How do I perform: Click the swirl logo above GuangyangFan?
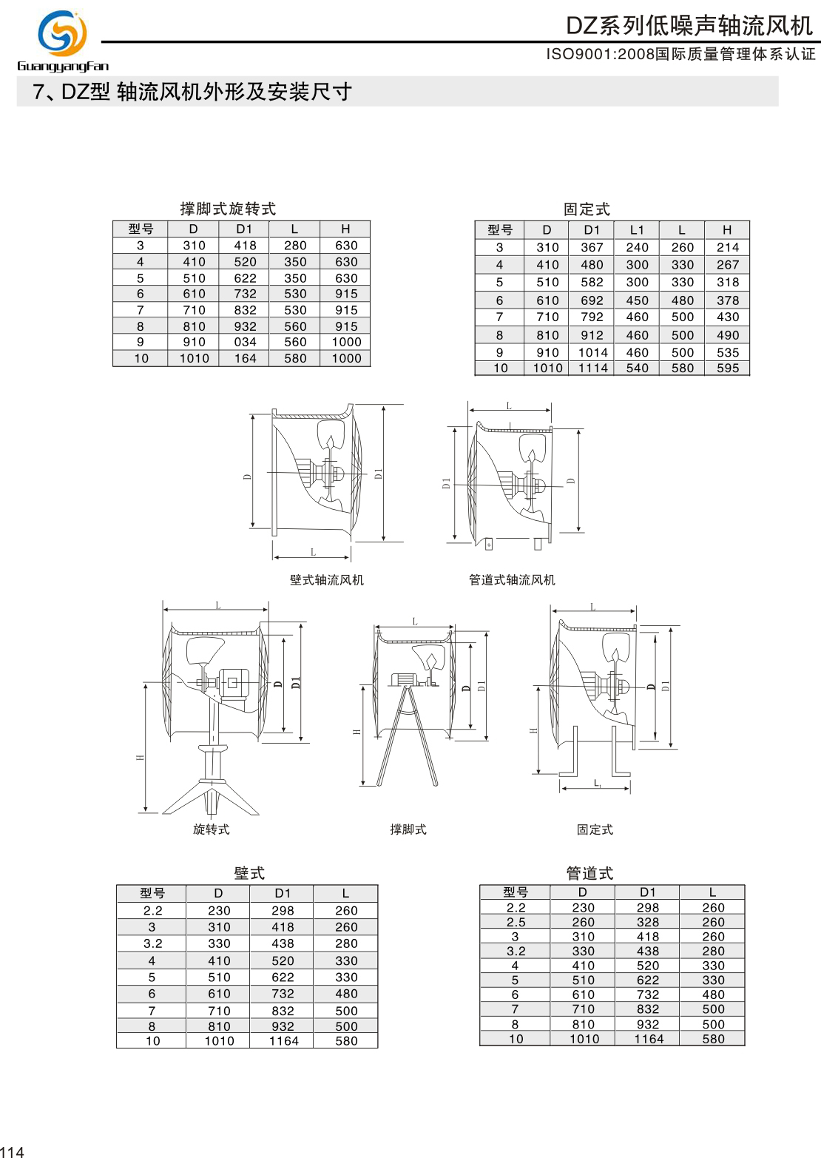coord(62,33)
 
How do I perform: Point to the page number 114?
coord(13,1151)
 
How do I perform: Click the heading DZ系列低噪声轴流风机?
coord(689,26)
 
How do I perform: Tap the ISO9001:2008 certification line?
coord(680,54)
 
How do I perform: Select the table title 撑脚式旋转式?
coord(228,209)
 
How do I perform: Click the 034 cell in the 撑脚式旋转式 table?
coord(245,343)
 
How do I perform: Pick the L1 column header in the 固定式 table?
coord(637,230)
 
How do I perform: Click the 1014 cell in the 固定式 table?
coord(592,353)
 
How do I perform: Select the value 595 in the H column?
coord(728,368)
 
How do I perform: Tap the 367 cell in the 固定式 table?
coord(592,248)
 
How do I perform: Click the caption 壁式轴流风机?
coord(326,580)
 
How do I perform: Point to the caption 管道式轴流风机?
coord(512,580)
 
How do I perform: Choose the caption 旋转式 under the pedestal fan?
coord(212,829)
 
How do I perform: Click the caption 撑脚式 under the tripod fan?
coord(408,829)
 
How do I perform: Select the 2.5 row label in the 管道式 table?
coord(516,923)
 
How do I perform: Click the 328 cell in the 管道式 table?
coord(648,923)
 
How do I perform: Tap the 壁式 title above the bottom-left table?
coord(249,873)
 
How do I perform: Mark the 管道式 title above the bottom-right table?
coord(589,873)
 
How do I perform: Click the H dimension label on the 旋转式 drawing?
coord(140,758)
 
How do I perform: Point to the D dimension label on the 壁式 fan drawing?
coord(247,477)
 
